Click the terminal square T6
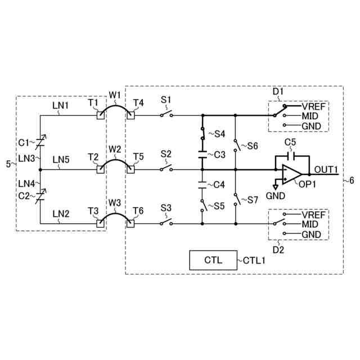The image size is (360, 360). pyautogui.click(x=131, y=223)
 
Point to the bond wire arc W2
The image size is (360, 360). pyautogui.click(x=115, y=162)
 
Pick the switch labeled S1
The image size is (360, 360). pyautogui.click(x=165, y=115)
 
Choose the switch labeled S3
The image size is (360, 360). pyautogui.click(x=165, y=223)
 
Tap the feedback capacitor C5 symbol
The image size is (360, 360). pyautogui.click(x=291, y=155)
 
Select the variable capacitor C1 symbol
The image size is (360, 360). pyautogui.click(x=40, y=141)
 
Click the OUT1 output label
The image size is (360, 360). pyautogui.click(x=326, y=169)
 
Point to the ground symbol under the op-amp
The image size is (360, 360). pyautogui.click(x=275, y=186)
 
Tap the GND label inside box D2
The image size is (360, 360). pyautogui.click(x=311, y=234)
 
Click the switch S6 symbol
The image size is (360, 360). pyautogui.click(x=236, y=143)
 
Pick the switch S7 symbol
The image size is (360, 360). pyautogui.click(x=236, y=198)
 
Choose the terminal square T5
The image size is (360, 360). pyautogui.click(x=131, y=169)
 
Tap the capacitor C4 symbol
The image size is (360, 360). pyautogui.click(x=202, y=183)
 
